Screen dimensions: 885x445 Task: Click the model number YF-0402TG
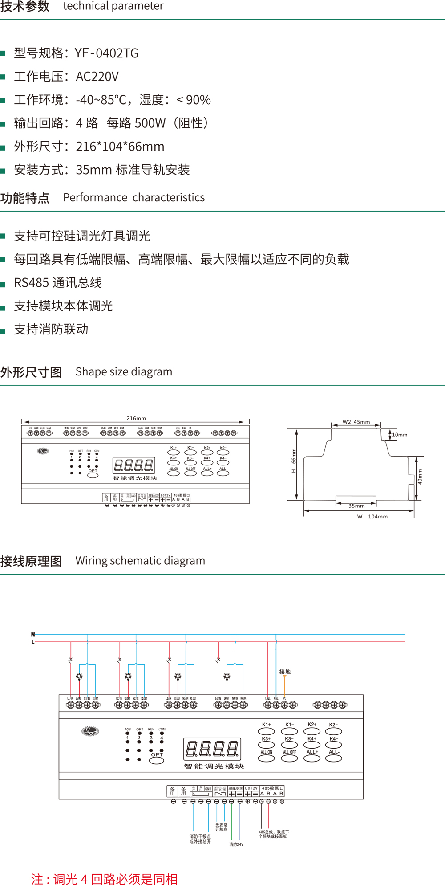[x=106, y=53]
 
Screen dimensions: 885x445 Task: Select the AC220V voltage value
[x=97, y=77]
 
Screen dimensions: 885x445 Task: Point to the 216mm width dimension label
[x=136, y=418]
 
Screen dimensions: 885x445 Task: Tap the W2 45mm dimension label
[x=356, y=422]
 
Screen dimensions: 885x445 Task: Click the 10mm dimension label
[x=400, y=435]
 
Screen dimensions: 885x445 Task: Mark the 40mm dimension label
[x=420, y=477]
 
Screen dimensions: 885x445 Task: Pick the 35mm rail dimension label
[x=356, y=506]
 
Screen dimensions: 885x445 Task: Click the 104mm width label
[x=377, y=517]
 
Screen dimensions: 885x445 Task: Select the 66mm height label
[x=294, y=455]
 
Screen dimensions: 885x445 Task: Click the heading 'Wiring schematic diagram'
[x=140, y=561]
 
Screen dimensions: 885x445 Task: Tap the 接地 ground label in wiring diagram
[x=285, y=672]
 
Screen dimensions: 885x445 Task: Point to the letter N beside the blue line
[x=33, y=634]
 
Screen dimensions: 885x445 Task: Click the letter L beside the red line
[x=33, y=642]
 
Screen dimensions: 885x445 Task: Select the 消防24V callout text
[x=236, y=844]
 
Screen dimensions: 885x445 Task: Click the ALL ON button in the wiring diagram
[x=266, y=758]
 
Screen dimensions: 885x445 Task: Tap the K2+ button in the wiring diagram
[x=312, y=731]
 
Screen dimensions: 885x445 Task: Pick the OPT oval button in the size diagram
[x=93, y=475]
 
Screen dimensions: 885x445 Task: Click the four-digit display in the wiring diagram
[x=213, y=749]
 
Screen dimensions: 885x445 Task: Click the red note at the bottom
[x=105, y=879]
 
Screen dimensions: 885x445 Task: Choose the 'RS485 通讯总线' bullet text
[x=58, y=283]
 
